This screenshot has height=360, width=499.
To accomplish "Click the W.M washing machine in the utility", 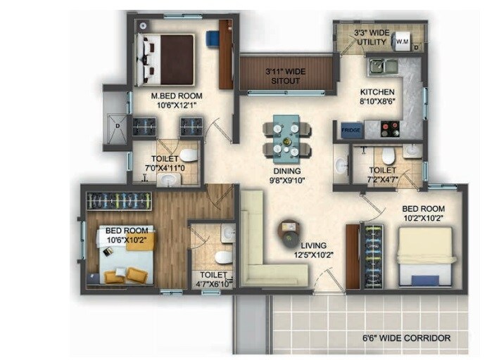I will coord(403,41).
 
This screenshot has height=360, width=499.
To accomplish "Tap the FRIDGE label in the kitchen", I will coord(351,130).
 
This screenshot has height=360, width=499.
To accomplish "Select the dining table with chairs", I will coord(287,139).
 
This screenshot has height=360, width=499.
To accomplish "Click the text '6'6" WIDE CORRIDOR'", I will coord(401,338).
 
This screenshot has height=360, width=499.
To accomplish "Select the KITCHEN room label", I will coord(377,93).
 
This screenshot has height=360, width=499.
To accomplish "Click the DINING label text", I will coord(287,171).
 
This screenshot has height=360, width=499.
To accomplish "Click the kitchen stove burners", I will coord(389,130).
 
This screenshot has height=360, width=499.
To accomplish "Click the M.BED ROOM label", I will coord(177,96).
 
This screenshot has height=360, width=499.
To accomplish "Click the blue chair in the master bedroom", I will coord(213,38).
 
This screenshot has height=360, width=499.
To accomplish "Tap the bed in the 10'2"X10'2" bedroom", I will coord(424,256).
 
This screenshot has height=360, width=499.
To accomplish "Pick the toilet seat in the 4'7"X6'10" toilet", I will coord(223,255).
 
